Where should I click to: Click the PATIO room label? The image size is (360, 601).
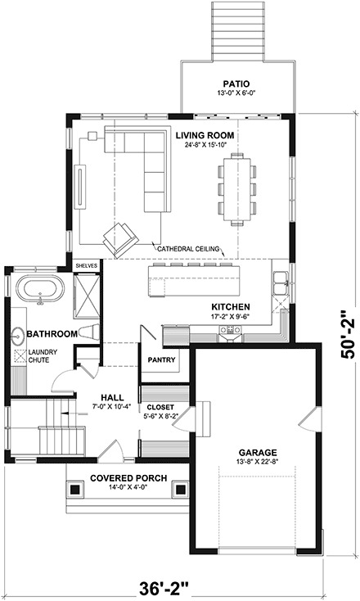235,83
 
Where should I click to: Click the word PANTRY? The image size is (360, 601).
158,359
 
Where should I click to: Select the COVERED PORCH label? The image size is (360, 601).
128,478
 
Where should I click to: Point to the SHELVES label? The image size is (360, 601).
86,266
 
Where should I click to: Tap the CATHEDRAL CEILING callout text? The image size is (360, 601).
189,246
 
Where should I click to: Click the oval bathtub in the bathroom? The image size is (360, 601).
39,290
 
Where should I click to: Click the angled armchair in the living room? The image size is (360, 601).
119,237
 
